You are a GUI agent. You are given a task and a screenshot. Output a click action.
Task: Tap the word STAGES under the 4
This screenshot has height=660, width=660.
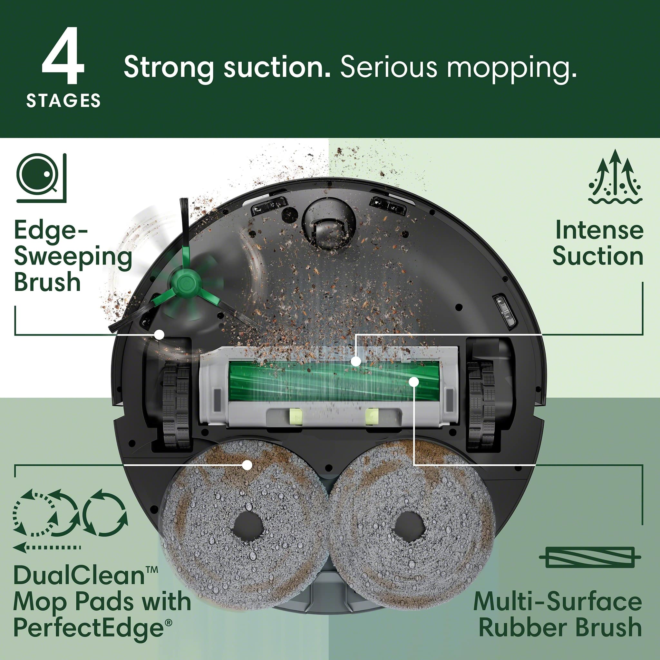pos(63,101)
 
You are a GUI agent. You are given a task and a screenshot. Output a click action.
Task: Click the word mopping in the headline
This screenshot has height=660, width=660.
pos(511,68)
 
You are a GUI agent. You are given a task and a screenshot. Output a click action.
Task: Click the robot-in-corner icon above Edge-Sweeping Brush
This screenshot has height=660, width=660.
pos(41,178)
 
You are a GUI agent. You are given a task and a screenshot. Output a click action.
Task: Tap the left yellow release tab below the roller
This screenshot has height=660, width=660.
pos(296,417)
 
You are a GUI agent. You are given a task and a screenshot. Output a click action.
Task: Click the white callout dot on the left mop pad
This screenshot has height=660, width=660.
pos(247,465)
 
